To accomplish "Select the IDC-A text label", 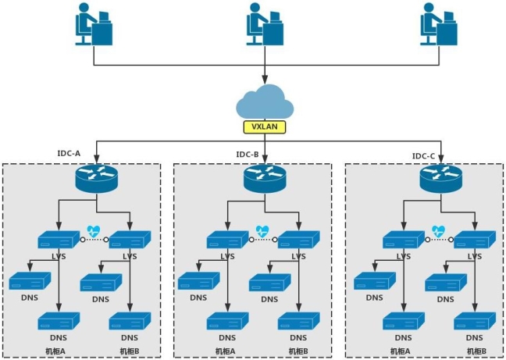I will [70, 154].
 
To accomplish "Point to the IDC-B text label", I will [248, 154].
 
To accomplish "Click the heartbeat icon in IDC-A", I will [94, 230].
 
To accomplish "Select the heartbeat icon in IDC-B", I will [263, 230].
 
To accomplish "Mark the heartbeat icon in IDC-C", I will [439, 230].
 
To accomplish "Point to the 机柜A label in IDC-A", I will [55, 351].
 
